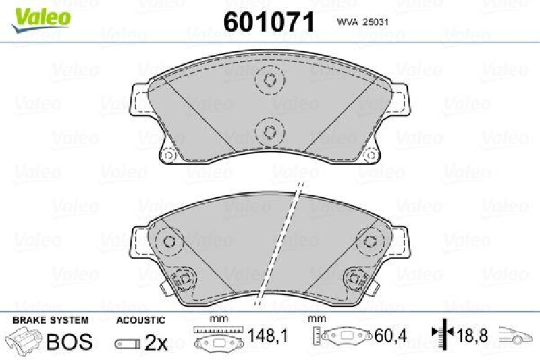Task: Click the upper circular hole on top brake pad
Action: pyautogui.click(x=269, y=80)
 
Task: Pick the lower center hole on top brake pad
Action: pyautogui.click(x=269, y=130)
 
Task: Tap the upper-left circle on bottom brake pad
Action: pyautogui.click(x=169, y=241)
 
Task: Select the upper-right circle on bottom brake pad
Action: pyautogui.click(x=369, y=241)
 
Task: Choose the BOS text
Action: pyautogui.click(x=68, y=341)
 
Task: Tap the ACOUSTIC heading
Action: pyautogui.click(x=140, y=319)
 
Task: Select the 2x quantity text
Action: pyautogui.click(x=156, y=342)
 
